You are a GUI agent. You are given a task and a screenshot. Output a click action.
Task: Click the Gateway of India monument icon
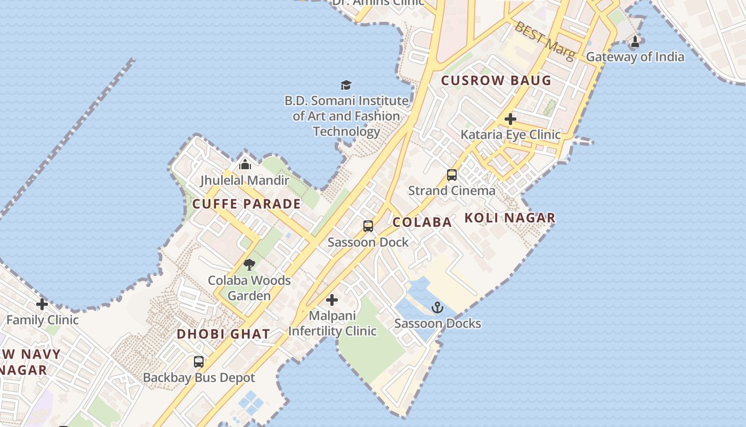pyautogui.click(x=635, y=42)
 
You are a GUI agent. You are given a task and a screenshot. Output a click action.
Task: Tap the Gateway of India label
pyautogui.click(x=635, y=57)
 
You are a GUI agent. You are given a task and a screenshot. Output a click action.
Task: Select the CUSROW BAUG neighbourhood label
pyautogui.click(x=496, y=81)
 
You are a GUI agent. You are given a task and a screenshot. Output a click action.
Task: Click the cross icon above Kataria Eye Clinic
pyautogui.click(x=510, y=119)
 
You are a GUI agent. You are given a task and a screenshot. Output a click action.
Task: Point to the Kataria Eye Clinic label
pyautogui.click(x=510, y=135)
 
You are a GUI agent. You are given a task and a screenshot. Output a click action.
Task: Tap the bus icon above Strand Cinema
pyautogui.click(x=452, y=175)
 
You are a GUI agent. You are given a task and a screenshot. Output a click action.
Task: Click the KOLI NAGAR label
pyautogui.click(x=510, y=218)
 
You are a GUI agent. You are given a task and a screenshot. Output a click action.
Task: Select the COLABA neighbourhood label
pyautogui.click(x=422, y=222)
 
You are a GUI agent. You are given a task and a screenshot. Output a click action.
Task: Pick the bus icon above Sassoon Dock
pyautogui.click(x=368, y=226)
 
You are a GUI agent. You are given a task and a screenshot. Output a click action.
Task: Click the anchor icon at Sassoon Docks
pyautogui.click(x=437, y=307)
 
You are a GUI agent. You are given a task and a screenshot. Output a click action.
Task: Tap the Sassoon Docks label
pyautogui.click(x=437, y=323)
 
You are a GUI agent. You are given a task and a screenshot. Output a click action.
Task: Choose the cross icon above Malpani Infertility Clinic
pyautogui.click(x=332, y=300)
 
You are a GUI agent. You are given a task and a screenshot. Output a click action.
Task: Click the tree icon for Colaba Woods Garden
pyautogui.click(x=249, y=265)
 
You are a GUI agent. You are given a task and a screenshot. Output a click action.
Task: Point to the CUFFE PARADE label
pyautogui.click(x=246, y=204)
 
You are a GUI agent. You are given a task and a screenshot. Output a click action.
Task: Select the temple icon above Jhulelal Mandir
pyautogui.click(x=245, y=164)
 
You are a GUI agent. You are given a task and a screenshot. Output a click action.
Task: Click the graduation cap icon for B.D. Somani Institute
pyautogui.click(x=346, y=85)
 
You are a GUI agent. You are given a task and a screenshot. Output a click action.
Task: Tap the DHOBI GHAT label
pyautogui.click(x=223, y=334)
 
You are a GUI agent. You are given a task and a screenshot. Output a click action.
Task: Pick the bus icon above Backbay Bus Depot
pyautogui.click(x=199, y=362)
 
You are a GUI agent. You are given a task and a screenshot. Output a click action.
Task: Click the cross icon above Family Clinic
pyautogui.click(x=42, y=305)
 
